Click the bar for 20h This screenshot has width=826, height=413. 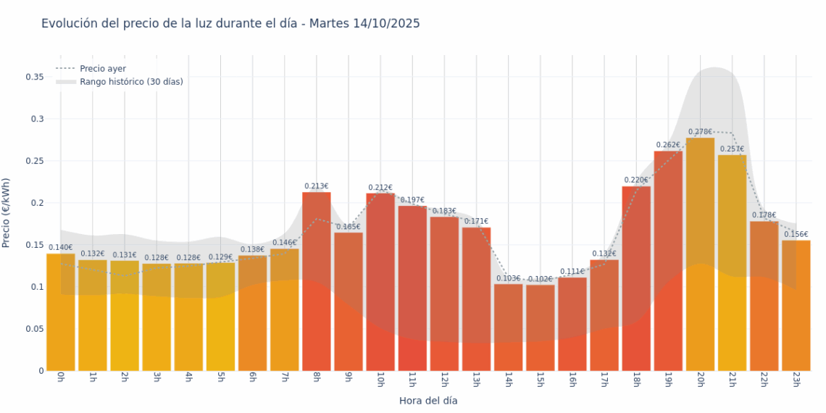700,254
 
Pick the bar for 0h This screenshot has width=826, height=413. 61,312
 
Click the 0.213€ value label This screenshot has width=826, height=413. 317,186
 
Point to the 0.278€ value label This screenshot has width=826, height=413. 700,132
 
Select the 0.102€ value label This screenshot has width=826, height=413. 541,279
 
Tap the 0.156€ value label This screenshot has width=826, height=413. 796,234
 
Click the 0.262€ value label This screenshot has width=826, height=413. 668,145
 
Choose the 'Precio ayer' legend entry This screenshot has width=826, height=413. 103,68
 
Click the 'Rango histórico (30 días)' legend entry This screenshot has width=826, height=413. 131,82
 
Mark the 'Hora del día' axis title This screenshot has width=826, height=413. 428,400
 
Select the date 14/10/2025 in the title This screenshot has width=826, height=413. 386,24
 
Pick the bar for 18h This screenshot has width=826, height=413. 636,278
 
